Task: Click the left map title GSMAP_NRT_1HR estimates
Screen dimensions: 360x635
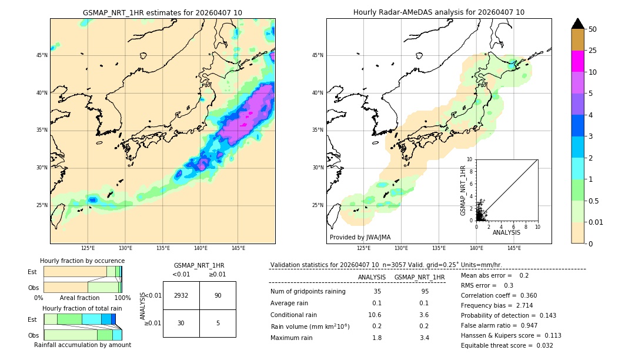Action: [162, 12]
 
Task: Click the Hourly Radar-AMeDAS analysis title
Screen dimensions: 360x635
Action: [439, 12]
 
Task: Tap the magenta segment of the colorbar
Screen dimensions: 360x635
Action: [577, 61]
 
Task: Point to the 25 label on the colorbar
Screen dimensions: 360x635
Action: [593, 51]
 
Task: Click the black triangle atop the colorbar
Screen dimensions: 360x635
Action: [577, 24]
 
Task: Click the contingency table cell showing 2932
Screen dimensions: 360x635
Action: [181, 295]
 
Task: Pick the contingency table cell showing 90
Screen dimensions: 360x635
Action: [218, 295]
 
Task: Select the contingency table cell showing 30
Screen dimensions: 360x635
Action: [181, 323]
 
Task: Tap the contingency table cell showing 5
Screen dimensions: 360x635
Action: [218, 323]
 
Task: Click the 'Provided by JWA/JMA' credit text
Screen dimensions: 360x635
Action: [360, 237]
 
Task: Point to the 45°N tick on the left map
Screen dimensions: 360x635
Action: [42, 55]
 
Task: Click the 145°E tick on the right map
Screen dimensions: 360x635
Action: [514, 248]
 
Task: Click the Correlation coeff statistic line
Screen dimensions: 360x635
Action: [499, 296]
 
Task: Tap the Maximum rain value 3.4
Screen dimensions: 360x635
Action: [425, 338]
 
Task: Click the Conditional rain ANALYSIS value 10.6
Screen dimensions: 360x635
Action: [375, 315]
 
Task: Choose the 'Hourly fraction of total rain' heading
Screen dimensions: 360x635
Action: [82, 308]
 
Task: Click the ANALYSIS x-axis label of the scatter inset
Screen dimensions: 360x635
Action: [506, 232]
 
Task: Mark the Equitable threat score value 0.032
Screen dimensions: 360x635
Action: [541, 345]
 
